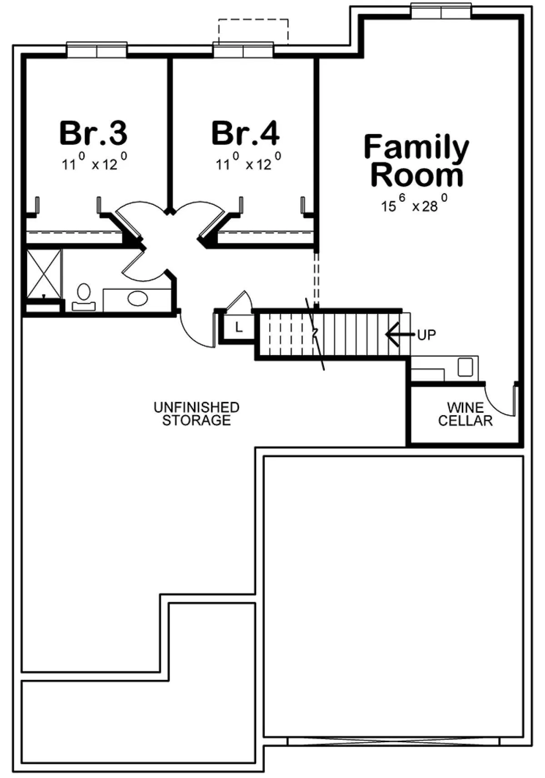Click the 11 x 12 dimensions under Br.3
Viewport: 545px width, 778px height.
(x=94, y=162)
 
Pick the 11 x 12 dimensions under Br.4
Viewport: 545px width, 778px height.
(x=248, y=162)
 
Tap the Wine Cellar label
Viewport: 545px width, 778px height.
(x=465, y=414)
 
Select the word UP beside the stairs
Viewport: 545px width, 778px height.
(x=426, y=335)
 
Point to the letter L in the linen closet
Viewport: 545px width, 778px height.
(x=238, y=327)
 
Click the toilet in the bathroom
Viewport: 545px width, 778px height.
(x=84, y=297)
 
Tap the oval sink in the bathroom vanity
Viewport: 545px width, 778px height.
(x=138, y=298)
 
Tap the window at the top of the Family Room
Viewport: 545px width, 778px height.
(x=441, y=11)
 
